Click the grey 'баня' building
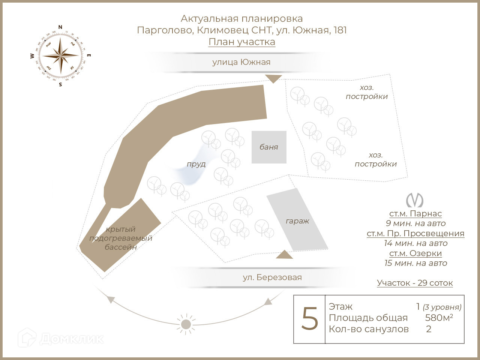[269, 147]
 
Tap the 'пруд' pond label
[196, 164]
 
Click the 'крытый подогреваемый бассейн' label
[121, 238]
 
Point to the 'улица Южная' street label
[241, 62]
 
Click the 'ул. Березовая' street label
[272, 277]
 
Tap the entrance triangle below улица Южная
[273, 78]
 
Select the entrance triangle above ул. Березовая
[284, 255]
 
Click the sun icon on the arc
[186, 324]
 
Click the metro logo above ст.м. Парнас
[415, 200]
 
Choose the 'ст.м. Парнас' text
[415, 214]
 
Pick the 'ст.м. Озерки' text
[415, 253]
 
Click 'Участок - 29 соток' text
[415, 283]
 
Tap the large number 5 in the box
[310, 319]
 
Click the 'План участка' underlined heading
[242, 42]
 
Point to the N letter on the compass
[60, 27]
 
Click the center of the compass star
[60, 56]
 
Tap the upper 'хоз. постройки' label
[367, 92]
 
